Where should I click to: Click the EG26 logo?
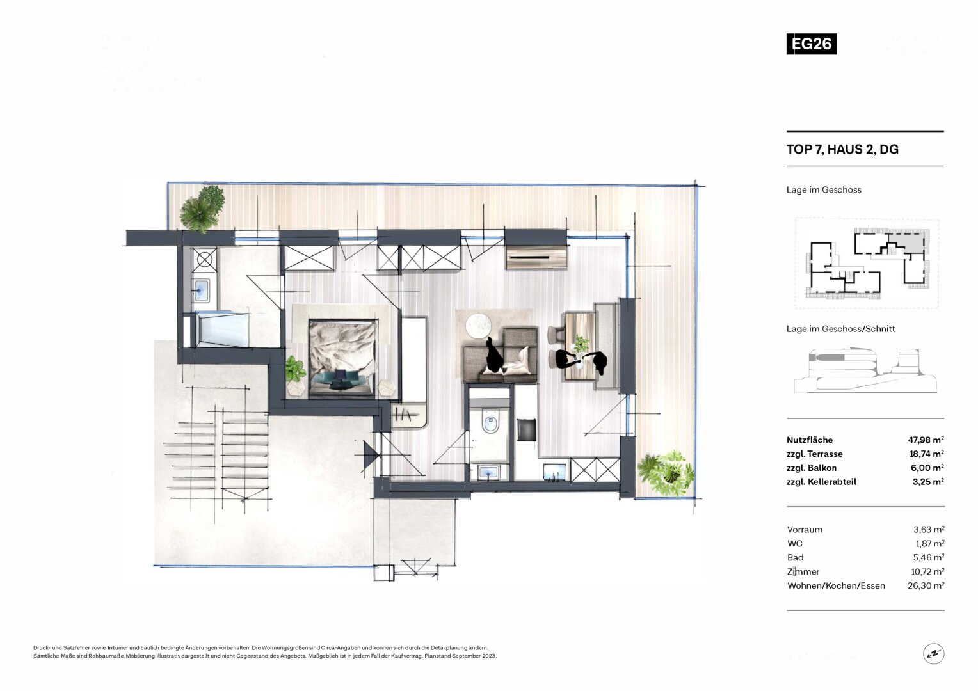click(811, 44)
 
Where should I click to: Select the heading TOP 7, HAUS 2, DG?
click(842, 149)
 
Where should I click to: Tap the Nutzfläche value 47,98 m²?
click(926, 440)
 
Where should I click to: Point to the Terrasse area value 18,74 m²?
click(927, 454)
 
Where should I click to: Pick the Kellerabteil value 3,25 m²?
click(928, 482)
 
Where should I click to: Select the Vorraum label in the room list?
click(805, 530)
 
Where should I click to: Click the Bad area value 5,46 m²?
click(929, 558)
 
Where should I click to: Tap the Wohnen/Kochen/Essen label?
click(836, 586)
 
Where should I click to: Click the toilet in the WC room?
click(490, 421)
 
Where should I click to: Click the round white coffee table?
click(478, 326)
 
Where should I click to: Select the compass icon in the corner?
click(933, 653)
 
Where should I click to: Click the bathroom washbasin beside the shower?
click(201, 289)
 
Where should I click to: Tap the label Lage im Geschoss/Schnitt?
click(841, 329)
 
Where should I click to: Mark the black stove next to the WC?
click(526, 430)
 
